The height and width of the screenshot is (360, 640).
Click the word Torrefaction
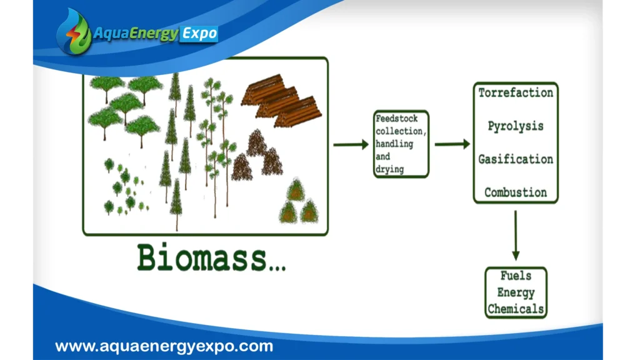pos(516,92)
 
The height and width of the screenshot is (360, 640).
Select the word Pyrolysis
pos(516,126)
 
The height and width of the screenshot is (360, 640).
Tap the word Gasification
pos(516,159)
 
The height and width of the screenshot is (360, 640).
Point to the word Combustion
pos(516,192)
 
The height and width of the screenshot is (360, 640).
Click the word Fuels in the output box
pos(516,276)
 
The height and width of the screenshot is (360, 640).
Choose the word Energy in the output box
pos(516,292)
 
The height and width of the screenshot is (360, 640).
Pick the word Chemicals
pos(516,309)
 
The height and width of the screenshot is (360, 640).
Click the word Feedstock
pos(397,118)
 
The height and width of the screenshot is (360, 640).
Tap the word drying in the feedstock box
pos(390,169)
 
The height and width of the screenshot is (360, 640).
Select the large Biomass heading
pos(211,257)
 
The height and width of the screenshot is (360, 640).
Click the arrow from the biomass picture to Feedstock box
pos(351,144)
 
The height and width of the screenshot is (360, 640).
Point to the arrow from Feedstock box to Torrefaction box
pos(452,144)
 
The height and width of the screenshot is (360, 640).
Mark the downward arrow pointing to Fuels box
pos(516,236)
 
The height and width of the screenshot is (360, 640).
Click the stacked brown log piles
pos(282,101)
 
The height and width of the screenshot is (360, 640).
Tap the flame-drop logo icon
pos(75,32)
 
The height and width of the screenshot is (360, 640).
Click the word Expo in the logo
pos(199,34)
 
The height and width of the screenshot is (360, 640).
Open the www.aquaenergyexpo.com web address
pos(164,346)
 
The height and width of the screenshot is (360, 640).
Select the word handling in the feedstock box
pos(394,144)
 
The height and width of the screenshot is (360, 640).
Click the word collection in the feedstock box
pos(401,131)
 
